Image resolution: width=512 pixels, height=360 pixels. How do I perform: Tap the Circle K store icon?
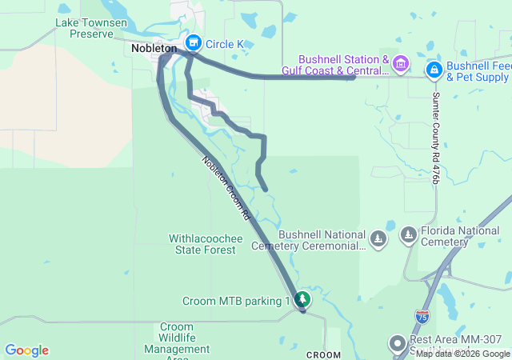click(x=192, y=42)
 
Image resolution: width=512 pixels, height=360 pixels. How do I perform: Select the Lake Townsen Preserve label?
click(x=91, y=29)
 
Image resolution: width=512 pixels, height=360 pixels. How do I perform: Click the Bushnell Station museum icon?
click(x=402, y=63)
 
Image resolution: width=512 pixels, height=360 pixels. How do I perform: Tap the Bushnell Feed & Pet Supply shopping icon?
click(x=434, y=70)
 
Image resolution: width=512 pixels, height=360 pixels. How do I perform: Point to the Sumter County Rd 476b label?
click(x=436, y=138)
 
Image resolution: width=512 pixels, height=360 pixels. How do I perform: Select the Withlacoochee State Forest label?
click(x=202, y=244)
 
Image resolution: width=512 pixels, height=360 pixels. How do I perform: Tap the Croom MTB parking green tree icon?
click(x=302, y=301)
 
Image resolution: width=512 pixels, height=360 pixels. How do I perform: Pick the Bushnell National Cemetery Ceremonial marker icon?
click(x=378, y=238)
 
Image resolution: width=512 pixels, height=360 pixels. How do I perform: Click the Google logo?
click(x=26, y=350)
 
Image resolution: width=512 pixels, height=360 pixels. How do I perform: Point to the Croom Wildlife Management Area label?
click(x=177, y=339)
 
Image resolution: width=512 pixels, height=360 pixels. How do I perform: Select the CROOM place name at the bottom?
click(x=323, y=354)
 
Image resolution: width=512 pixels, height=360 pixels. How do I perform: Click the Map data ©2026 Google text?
click(x=462, y=354)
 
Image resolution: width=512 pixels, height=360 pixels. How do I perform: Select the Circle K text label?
click(x=225, y=43)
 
